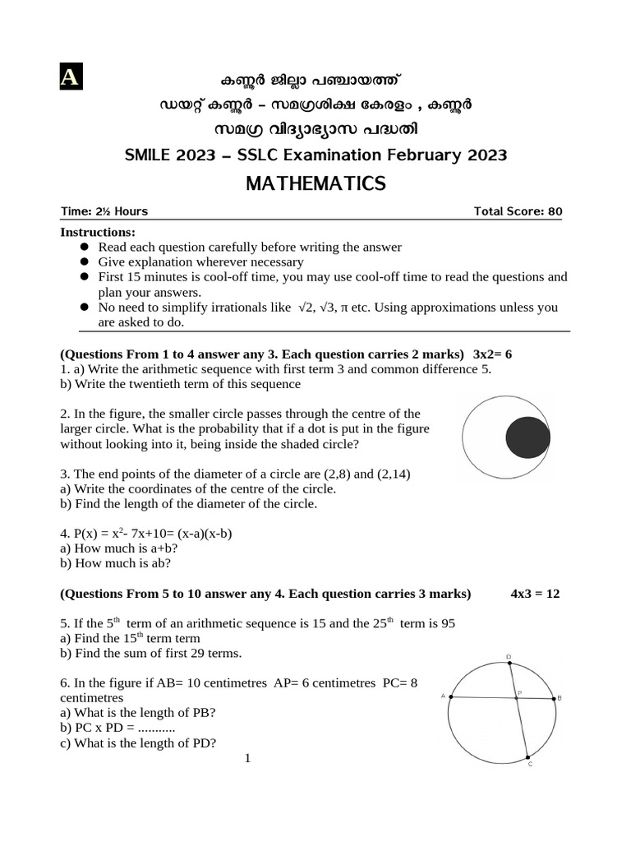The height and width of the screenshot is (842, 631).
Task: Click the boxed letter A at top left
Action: tap(70, 76)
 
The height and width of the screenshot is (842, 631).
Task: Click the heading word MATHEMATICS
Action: tap(315, 183)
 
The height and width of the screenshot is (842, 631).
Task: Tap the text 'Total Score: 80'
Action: tap(518, 211)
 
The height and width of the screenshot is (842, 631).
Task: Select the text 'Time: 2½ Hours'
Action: tap(104, 211)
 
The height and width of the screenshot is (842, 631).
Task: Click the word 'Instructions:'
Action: tap(98, 233)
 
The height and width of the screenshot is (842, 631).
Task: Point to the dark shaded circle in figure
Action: tap(527, 437)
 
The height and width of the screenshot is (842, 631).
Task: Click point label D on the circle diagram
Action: tap(509, 656)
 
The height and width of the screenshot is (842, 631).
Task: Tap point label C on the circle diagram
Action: tap(530, 764)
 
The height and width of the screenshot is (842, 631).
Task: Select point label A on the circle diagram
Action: tap(443, 696)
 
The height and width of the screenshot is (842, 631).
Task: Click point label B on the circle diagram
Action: tap(560, 698)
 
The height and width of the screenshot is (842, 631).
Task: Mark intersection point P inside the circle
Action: tap(516, 698)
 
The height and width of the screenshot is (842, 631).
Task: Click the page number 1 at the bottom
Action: tap(247, 757)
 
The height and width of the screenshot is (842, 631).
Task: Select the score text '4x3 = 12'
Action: tap(535, 593)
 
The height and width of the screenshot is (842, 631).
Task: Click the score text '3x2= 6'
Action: tap(493, 354)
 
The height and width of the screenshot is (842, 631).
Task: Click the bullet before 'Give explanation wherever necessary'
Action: tap(84, 261)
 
